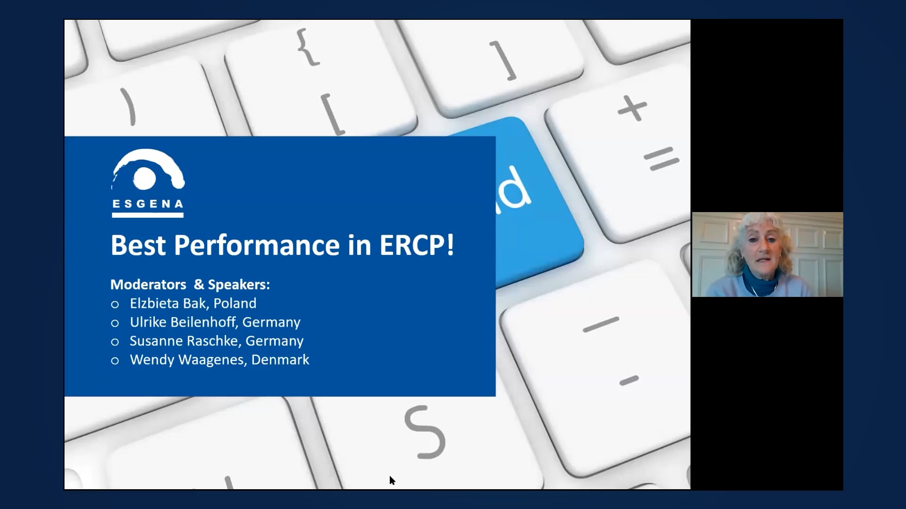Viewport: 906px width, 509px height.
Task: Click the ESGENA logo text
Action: point(148,204)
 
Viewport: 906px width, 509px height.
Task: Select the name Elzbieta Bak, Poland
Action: point(193,304)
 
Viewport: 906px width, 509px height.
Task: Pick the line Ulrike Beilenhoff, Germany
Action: point(215,322)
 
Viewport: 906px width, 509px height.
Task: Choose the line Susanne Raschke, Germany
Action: point(217,341)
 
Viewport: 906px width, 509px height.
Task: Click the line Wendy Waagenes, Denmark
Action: point(219,360)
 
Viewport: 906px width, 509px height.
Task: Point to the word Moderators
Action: point(148,285)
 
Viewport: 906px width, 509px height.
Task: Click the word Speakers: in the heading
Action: point(239,285)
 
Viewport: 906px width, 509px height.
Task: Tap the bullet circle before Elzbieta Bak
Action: point(115,304)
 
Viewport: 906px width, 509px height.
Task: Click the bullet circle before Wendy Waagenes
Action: point(115,361)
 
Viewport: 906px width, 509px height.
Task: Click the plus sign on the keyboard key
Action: point(632,108)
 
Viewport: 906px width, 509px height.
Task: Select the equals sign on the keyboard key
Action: point(662,159)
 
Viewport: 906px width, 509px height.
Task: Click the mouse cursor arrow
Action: point(392,480)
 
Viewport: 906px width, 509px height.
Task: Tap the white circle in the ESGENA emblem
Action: point(144,178)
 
